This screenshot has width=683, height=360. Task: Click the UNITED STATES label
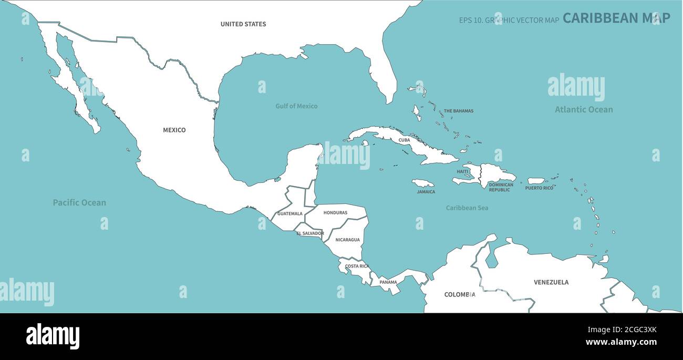point(243,24)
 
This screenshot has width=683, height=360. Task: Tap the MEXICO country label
point(174,130)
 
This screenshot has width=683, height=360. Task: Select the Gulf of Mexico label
point(296,106)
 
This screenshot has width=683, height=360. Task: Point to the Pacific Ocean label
point(79,202)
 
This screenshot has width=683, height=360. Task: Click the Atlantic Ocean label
point(584,110)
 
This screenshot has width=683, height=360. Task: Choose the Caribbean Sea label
point(467,208)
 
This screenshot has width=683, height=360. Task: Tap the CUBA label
point(404,140)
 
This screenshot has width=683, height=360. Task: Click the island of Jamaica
point(422,183)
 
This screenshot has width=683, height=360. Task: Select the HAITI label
point(462,171)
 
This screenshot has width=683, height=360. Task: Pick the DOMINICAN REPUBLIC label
point(500,187)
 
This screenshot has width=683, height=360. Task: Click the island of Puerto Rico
point(536,181)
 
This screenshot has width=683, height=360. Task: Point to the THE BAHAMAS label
point(458,111)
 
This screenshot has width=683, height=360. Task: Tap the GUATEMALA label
point(289,214)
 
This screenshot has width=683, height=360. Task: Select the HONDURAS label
point(335,213)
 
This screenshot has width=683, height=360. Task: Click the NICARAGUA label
point(347,240)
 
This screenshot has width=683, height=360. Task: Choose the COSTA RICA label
point(357,266)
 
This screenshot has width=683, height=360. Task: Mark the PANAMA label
point(388,282)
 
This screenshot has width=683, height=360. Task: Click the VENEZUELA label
point(551,282)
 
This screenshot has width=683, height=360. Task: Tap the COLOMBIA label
point(460,295)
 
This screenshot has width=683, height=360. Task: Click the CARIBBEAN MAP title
point(616,18)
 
